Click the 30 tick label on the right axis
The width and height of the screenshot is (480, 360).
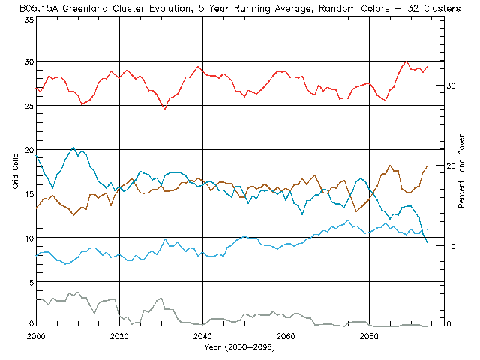coord(451,86)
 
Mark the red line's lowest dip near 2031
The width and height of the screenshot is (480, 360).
coord(165,109)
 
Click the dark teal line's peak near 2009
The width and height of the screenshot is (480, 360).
coord(73,148)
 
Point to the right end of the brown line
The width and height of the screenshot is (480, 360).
coord(427,166)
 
